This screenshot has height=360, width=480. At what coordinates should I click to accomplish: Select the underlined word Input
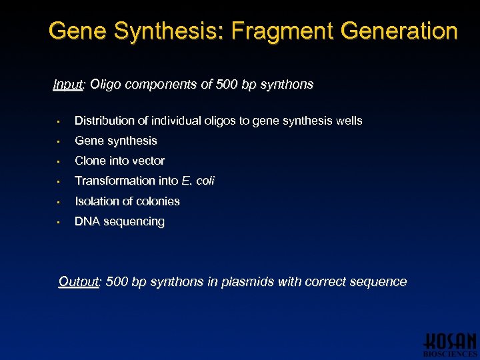pos(68,85)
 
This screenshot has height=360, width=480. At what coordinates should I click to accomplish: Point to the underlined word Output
pos(79,281)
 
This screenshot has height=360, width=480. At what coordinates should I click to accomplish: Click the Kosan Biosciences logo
pos(450,344)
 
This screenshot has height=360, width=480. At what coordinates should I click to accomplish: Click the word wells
pos(349,121)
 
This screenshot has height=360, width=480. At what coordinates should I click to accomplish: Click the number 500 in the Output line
pos(117,281)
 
